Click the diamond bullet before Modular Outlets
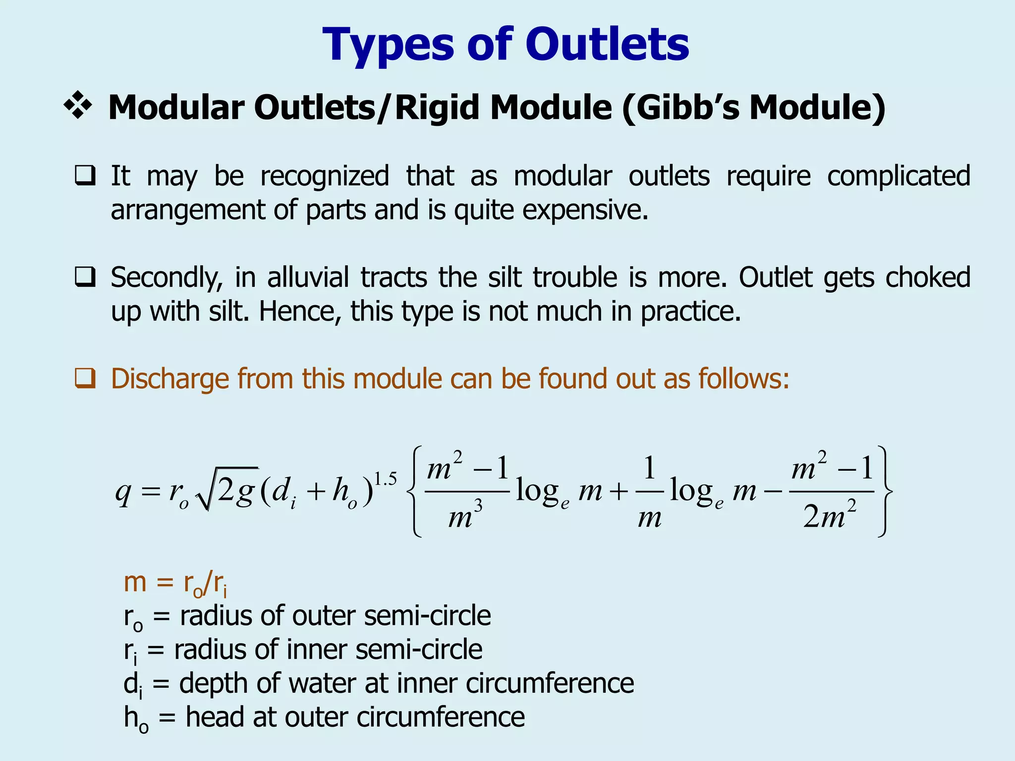pos(78,106)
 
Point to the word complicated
pos(899,176)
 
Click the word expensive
pos(585,210)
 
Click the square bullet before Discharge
pos(85,379)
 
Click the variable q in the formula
pos(123,492)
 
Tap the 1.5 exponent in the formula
pos(385,479)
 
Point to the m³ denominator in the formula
pos(465,517)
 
